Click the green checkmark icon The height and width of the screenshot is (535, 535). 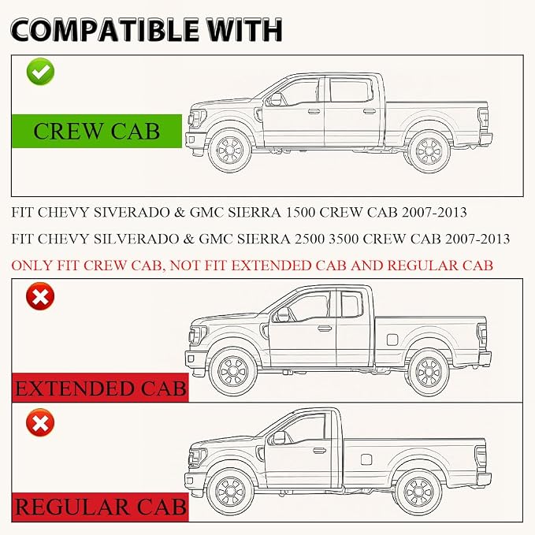click(x=40, y=72)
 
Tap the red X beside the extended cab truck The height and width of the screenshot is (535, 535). click(x=40, y=296)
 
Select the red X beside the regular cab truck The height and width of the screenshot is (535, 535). click(x=40, y=422)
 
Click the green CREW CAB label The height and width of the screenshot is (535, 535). click(x=97, y=131)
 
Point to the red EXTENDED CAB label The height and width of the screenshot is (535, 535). click(x=100, y=388)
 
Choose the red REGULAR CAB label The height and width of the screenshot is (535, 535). click(x=100, y=507)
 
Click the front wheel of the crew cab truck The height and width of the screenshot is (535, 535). click(x=229, y=150)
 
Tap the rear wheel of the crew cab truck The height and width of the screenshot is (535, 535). click(x=429, y=151)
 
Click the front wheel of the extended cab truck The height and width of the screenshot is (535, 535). click(x=233, y=371)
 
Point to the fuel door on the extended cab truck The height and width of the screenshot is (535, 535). click(x=392, y=340)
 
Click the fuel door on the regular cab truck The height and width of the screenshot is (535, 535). click(x=366, y=459)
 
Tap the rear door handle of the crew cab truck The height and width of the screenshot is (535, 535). click(x=370, y=111)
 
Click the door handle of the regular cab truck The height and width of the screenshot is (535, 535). click(x=319, y=451)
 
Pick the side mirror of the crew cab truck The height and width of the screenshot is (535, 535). click(x=275, y=99)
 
